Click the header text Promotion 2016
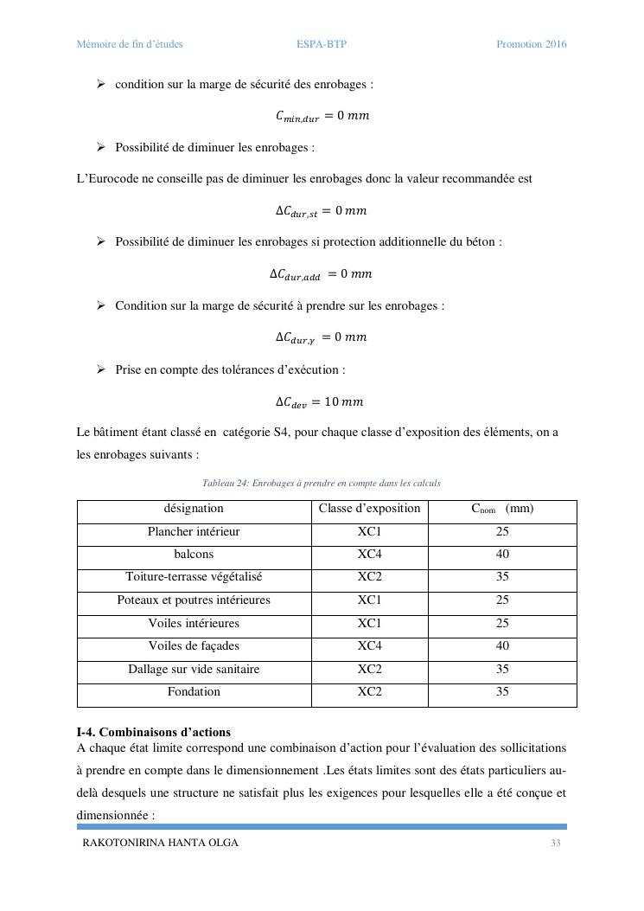[531, 44]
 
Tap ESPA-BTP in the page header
[321, 44]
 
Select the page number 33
[556, 843]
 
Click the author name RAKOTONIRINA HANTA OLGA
[160, 843]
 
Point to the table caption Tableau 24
[321, 483]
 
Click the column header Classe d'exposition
[369, 509]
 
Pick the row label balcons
[194, 554]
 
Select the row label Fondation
[194, 692]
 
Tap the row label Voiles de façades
[194, 646]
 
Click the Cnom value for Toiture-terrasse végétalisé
[502, 577]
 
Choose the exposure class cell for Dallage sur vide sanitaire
[369, 670]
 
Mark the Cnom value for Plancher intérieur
[502, 531]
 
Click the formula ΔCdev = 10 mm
[320, 402]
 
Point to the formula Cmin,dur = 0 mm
[322, 116]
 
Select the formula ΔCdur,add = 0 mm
[321, 274]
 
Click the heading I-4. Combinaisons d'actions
[154, 732]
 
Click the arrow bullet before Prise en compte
[101, 369]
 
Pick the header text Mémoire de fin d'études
[130, 44]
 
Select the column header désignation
[194, 509]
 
